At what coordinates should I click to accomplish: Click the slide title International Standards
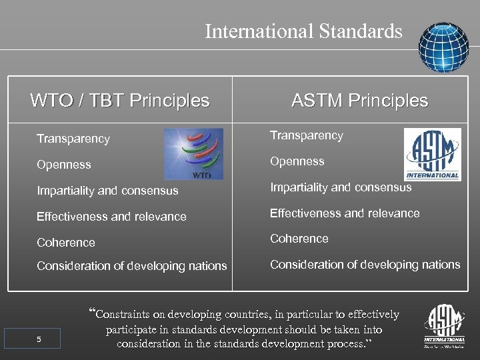(303, 31)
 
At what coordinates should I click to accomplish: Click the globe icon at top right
(443, 47)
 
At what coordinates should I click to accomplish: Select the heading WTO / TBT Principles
(120, 101)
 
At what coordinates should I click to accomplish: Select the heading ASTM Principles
(359, 101)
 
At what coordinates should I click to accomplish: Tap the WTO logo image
(194, 154)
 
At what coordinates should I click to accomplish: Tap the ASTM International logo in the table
(433, 155)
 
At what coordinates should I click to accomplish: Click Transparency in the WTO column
(73, 139)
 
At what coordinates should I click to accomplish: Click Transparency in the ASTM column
(306, 135)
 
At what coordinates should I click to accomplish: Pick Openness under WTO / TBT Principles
(64, 165)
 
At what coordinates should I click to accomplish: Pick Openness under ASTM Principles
(297, 161)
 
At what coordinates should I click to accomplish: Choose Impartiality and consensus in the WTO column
(107, 191)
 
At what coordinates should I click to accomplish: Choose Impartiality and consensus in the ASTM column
(341, 187)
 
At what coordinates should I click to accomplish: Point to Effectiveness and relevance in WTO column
(111, 217)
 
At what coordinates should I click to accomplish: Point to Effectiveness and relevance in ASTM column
(345, 213)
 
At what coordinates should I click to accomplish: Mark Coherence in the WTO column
(66, 243)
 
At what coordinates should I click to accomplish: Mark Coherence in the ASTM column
(299, 239)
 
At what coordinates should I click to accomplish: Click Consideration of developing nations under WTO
(131, 266)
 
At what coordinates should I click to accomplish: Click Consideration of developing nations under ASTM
(365, 265)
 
